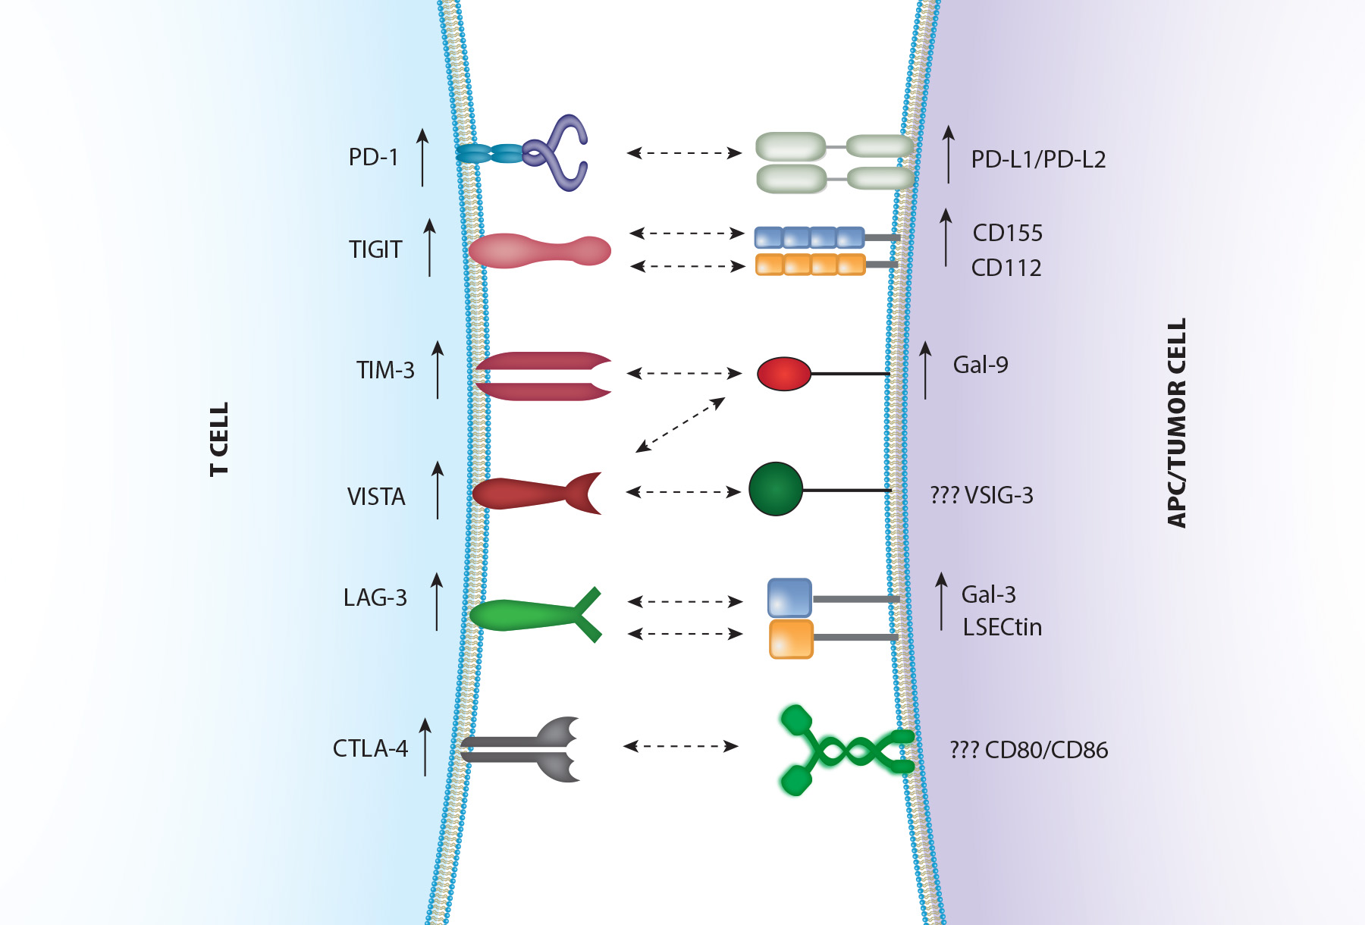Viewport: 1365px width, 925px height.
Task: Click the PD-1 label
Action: (373, 157)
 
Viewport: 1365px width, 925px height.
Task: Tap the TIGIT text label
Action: (375, 249)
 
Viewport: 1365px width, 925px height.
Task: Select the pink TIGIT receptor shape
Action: (539, 251)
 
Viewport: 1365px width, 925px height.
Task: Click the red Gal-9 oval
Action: (784, 374)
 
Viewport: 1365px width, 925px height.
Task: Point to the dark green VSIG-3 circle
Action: (775, 490)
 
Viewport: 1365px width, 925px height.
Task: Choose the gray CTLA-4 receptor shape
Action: (523, 749)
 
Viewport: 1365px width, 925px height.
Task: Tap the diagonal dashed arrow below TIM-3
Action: (680, 425)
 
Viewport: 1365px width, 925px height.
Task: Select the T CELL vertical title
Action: (218, 439)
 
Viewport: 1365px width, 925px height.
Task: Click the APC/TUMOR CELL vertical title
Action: (1176, 423)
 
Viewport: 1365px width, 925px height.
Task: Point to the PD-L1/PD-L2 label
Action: (1038, 159)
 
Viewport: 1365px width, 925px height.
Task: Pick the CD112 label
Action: (1006, 268)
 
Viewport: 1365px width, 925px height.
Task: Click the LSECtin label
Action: (1003, 627)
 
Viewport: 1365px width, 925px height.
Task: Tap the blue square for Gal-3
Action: (789, 598)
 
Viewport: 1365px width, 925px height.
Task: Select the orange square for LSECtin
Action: (791, 638)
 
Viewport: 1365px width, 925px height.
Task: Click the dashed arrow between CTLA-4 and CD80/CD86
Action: (680, 746)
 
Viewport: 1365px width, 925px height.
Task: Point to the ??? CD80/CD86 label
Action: (1028, 750)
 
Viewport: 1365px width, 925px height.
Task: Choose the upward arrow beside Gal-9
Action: (925, 370)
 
